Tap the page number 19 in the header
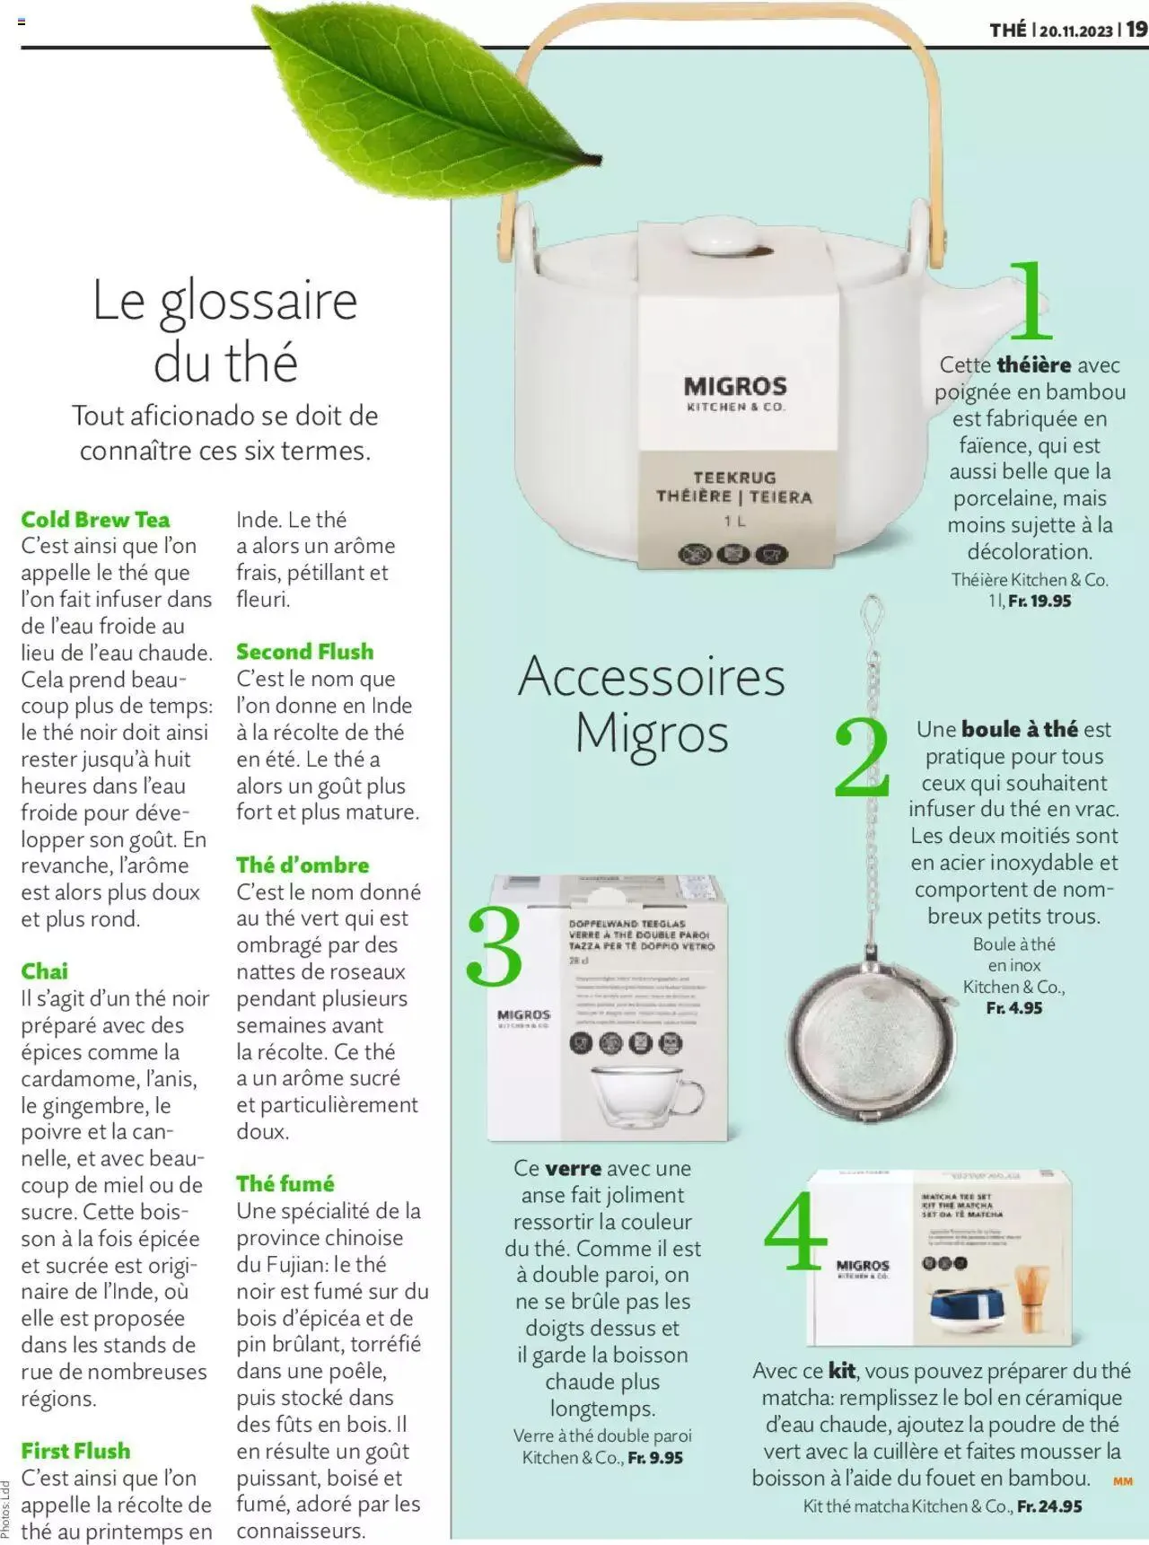point(1136,29)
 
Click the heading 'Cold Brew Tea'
point(95,520)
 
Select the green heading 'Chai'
point(45,971)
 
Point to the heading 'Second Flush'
point(304,652)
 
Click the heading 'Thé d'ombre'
point(303,865)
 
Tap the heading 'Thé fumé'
point(285,1184)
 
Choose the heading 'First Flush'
point(75,1451)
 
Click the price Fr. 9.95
point(655,1458)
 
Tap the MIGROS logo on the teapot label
point(735,387)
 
